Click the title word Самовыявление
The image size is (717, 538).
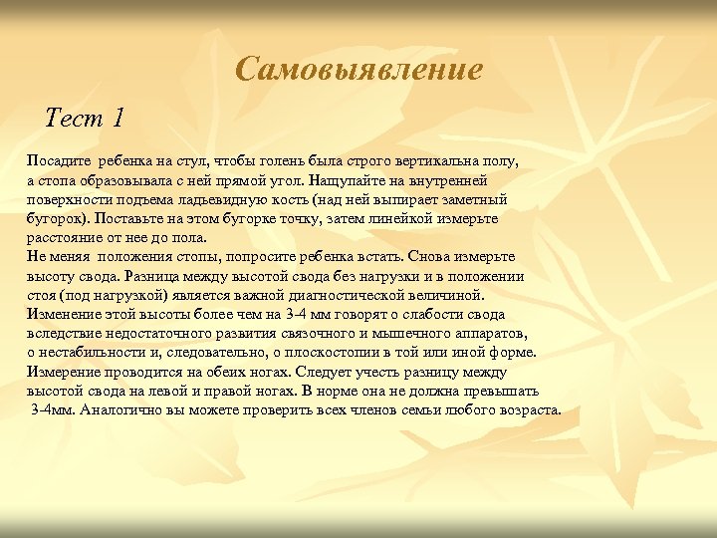point(359,70)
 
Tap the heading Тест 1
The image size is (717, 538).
point(86,119)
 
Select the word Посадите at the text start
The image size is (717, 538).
point(58,160)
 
